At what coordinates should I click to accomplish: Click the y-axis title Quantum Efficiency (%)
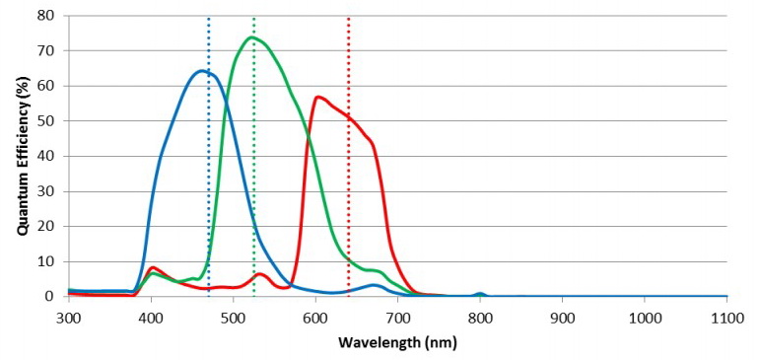tap(21, 155)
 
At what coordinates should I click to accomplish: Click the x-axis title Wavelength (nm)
tap(397, 343)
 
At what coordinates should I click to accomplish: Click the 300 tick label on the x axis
tap(68, 318)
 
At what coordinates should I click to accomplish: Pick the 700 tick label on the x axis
tap(397, 318)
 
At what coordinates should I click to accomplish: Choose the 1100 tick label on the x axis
tap(726, 318)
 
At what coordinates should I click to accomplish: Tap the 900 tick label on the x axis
tap(562, 318)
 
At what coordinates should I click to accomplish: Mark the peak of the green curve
tap(252, 37)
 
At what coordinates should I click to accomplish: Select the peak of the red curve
tap(317, 97)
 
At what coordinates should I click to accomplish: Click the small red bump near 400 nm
tap(153, 267)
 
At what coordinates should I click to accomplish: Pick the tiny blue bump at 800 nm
tap(480, 293)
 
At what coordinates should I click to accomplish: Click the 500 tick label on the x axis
tap(233, 318)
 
